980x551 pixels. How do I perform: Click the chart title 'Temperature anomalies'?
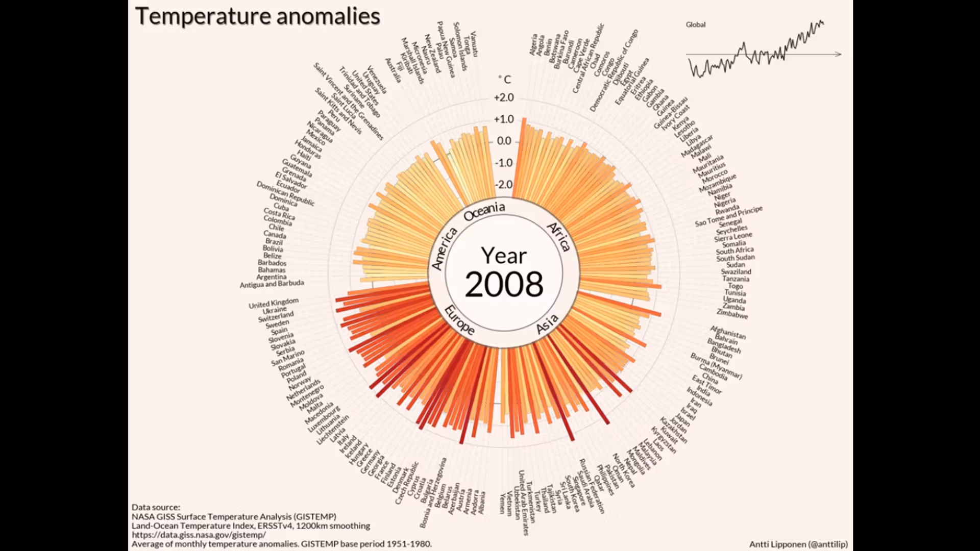click(257, 16)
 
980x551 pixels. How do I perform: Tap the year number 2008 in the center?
click(504, 284)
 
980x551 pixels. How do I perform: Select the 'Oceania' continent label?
click(484, 211)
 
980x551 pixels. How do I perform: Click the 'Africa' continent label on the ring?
click(559, 237)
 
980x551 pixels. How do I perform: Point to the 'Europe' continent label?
click(459, 320)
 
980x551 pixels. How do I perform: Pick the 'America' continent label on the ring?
click(444, 248)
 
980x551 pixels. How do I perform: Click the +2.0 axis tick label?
click(504, 97)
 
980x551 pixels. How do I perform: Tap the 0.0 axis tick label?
click(504, 141)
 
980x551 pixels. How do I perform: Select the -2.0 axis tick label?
click(504, 184)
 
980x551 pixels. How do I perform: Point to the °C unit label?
click(505, 80)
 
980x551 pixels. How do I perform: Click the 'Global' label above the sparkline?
click(695, 24)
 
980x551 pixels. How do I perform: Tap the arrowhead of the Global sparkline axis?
click(838, 54)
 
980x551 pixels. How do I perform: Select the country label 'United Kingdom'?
click(273, 304)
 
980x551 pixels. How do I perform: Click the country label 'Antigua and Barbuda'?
click(272, 284)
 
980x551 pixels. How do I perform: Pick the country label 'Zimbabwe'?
click(732, 314)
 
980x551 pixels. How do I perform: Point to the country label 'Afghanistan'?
click(728, 333)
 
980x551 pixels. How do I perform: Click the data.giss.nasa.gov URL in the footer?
click(199, 535)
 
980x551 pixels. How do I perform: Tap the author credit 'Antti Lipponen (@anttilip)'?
click(798, 544)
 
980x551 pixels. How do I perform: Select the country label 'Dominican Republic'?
click(285, 193)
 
